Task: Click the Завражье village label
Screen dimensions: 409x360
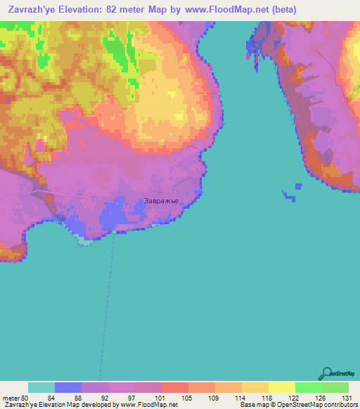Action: pyautogui.click(x=162, y=201)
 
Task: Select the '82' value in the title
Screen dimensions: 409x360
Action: pyautogui.click(x=125, y=10)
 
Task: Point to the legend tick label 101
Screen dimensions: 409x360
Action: pyautogui.click(x=161, y=397)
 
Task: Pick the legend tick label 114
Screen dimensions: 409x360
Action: pyautogui.click(x=241, y=397)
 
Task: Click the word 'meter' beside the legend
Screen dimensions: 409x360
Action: pyautogui.click(x=11, y=397)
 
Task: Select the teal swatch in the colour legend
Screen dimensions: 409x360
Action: pyautogui.click(x=41, y=387)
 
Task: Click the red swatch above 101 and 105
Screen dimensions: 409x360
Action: pyautogui.click(x=174, y=387)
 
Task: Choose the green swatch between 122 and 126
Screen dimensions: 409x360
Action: pyautogui.click(x=308, y=387)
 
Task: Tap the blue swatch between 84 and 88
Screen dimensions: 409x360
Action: pyautogui.click(x=68, y=387)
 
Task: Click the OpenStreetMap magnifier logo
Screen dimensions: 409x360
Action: pyautogui.click(x=326, y=374)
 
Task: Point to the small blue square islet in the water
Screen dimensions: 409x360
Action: pyautogui.click(x=299, y=186)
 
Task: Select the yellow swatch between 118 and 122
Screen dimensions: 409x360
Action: pyautogui.click(x=281, y=387)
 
